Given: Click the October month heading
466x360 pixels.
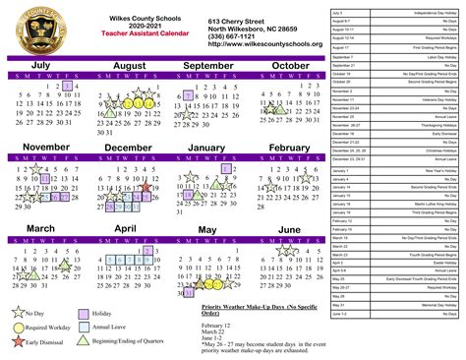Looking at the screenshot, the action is coord(290,66).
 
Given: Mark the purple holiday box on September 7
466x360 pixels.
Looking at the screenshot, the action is coord(187,96).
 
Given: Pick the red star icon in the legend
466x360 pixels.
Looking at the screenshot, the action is coord(19,341).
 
